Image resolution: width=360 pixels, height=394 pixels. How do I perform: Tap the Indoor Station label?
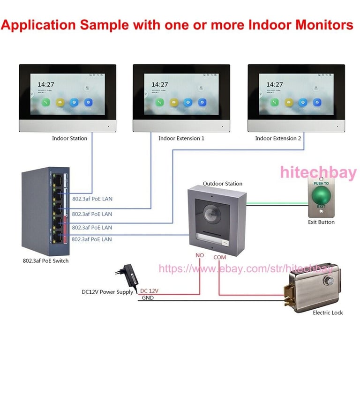pyautogui.click(x=69, y=138)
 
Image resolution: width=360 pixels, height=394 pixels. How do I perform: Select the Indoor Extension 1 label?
pyautogui.click(x=181, y=138)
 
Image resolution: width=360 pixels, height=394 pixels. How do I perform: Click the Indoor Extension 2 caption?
pyautogui.click(x=278, y=138)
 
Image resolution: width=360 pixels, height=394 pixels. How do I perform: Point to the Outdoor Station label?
pyautogui.click(x=222, y=184)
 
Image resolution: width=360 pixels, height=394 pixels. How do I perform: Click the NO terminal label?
pyautogui.click(x=200, y=255)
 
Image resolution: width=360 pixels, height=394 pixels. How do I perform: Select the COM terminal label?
pyautogui.click(x=219, y=257)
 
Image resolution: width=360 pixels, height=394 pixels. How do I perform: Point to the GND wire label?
pyautogui.click(x=148, y=298)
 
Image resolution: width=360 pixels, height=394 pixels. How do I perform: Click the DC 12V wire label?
pyautogui.click(x=150, y=291)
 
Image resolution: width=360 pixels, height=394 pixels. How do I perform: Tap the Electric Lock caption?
pyautogui.click(x=328, y=312)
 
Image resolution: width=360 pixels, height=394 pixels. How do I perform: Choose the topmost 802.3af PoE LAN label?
pyautogui.click(x=92, y=199)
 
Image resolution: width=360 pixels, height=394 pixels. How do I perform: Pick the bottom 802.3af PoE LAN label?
pyautogui.click(x=92, y=239)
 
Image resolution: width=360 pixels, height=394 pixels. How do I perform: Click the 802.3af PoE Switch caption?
pyautogui.click(x=45, y=260)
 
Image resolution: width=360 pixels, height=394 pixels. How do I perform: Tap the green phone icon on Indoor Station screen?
pyautogui.click(x=46, y=102)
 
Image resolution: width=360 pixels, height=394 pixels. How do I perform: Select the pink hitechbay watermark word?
pyautogui.click(x=318, y=172)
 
